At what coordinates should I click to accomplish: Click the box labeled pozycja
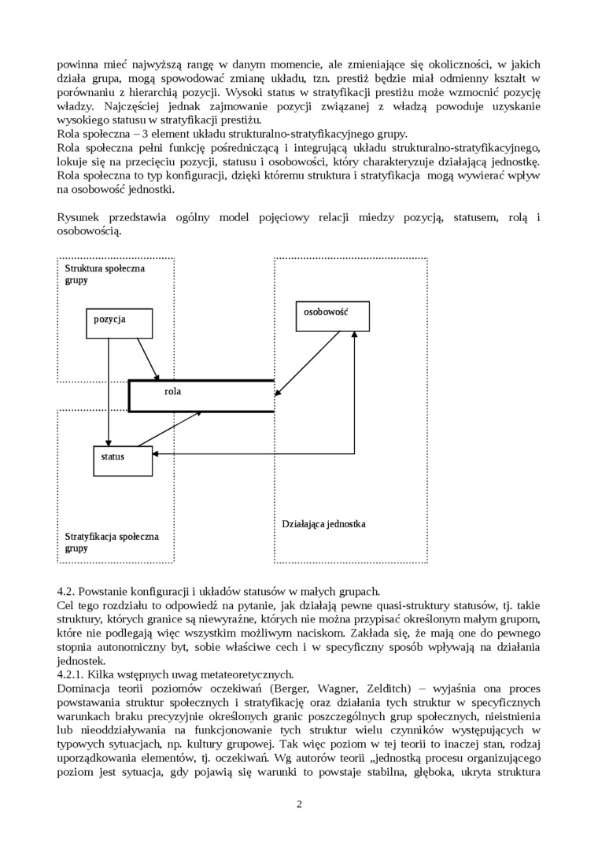click(118, 322)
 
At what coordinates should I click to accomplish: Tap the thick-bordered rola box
click(201, 396)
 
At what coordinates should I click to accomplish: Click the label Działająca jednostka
click(323, 523)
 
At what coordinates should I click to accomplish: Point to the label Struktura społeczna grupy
click(105, 274)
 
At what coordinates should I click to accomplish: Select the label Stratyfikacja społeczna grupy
click(112, 541)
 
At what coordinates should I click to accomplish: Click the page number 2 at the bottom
click(299, 804)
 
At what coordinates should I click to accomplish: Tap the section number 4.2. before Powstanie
click(66, 591)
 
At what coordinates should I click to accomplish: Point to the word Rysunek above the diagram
click(81, 217)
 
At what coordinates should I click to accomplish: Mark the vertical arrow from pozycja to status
click(109, 393)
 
